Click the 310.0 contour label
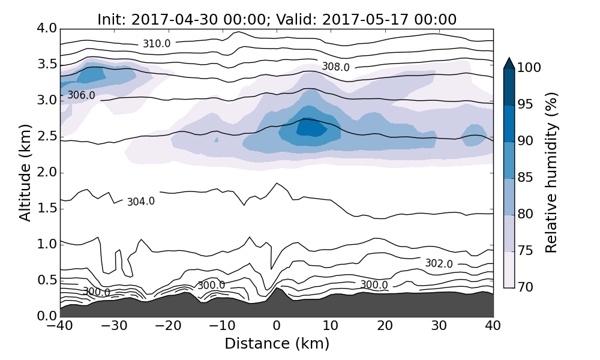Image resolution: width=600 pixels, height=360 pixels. click(156, 44)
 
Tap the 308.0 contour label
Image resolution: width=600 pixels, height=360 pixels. click(335, 67)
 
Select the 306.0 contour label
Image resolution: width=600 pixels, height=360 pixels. click(81, 95)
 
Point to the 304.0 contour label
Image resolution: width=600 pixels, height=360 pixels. click(141, 202)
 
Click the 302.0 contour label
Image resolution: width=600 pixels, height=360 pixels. click(439, 263)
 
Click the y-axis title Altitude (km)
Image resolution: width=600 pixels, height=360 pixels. click(25, 172)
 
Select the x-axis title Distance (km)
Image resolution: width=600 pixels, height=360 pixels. click(277, 344)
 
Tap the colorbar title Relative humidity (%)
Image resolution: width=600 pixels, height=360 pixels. click(551, 173)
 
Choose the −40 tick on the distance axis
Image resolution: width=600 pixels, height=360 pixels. click(60, 327)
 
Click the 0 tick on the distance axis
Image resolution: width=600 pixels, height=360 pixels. click(277, 327)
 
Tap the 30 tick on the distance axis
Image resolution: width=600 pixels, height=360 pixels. click(439, 327)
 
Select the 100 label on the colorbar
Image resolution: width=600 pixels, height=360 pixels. click(529, 68)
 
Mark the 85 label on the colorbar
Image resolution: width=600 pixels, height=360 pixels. click(525, 178)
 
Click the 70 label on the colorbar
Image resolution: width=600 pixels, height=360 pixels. click(525, 288)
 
